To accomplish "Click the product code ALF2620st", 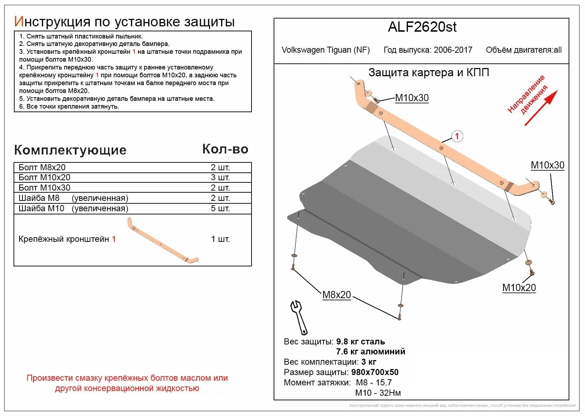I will (x=422, y=27).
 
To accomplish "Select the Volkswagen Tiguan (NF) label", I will (x=326, y=50).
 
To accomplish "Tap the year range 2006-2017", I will (x=453, y=50).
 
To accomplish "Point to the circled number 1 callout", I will (x=457, y=136).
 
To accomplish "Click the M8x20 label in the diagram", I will (x=336, y=295).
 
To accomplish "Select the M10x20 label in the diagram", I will (x=519, y=287).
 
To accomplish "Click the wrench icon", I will (x=299, y=317).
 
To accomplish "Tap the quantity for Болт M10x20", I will (x=220, y=177).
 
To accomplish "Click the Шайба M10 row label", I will (x=41, y=208).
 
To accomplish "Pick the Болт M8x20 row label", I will (x=42, y=167).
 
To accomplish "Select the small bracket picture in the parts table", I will (x=162, y=241).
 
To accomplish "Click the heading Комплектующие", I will (x=70, y=150).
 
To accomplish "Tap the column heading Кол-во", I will (x=225, y=149).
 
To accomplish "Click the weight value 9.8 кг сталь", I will (x=360, y=342).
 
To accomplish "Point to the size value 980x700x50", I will (x=375, y=372).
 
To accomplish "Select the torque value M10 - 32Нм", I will (x=378, y=393).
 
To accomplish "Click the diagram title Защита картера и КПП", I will (x=429, y=73).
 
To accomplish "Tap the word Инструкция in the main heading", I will (x=52, y=22).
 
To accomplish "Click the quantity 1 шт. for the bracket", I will (x=220, y=239).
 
